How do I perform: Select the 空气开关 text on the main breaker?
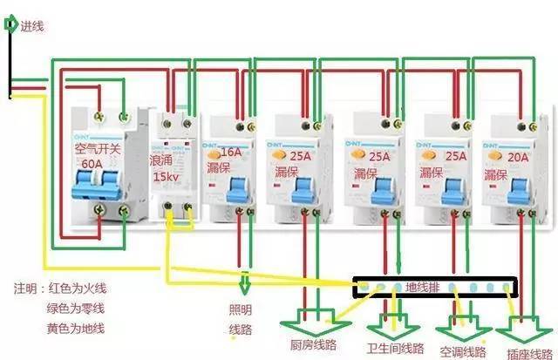click(99, 149)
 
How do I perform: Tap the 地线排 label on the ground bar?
click(425, 286)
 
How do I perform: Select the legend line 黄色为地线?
click(76, 328)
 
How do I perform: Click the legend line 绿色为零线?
click(76, 308)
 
